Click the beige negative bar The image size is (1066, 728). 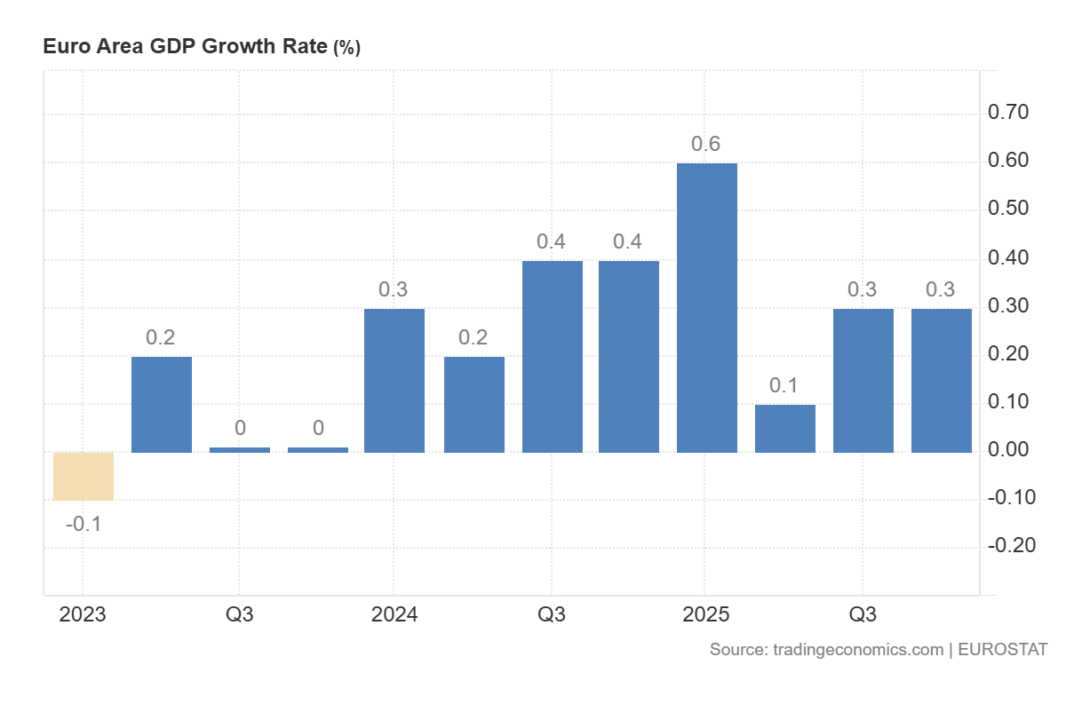click(84, 477)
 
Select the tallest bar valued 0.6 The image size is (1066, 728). click(707, 308)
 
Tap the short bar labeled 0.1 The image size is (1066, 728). click(785, 429)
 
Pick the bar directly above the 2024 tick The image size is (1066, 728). click(394, 381)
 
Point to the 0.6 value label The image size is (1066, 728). click(706, 144)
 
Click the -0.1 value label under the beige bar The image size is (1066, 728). click(84, 524)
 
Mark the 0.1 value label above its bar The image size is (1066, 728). click(785, 386)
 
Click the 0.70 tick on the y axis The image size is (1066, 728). click(1008, 113)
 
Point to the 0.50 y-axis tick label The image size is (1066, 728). click(1008, 209)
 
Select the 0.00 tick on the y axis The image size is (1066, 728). click(1008, 449)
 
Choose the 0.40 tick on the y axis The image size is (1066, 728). click(1008, 257)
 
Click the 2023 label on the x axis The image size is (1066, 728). click(82, 614)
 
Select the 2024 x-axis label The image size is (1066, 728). click(394, 614)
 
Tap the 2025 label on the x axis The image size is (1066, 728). click(706, 614)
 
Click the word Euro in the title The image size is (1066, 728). click(61, 47)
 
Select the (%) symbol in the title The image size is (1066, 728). click(346, 48)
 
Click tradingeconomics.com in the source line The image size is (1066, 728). click(858, 650)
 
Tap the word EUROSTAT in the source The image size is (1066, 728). click(1003, 650)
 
